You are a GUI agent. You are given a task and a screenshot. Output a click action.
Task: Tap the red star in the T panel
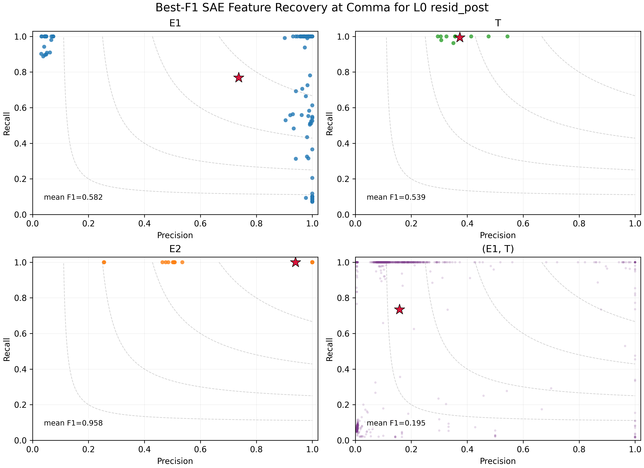pyautogui.click(x=460, y=37)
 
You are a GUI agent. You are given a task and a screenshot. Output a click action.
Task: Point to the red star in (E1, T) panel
pyautogui.click(x=399, y=309)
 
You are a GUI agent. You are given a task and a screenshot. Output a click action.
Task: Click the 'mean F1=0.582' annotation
pyautogui.click(x=73, y=197)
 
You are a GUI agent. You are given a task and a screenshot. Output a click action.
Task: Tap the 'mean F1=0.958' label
pyautogui.click(x=73, y=423)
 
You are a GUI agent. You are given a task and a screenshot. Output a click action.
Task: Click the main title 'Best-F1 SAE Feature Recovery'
pyautogui.click(x=322, y=8)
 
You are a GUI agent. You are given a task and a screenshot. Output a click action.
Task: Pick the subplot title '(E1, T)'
pyautogui.click(x=498, y=249)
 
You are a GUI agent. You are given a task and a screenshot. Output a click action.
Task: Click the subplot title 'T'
pyautogui.click(x=498, y=23)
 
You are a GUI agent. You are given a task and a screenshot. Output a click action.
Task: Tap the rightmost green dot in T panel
pyautogui.click(x=507, y=36)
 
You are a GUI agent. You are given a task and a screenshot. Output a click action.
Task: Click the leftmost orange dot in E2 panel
pyautogui.click(x=104, y=262)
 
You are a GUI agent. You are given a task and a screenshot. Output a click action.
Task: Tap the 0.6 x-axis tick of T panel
pyautogui.click(x=523, y=224)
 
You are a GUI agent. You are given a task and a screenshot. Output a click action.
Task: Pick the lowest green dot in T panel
pyautogui.click(x=453, y=43)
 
